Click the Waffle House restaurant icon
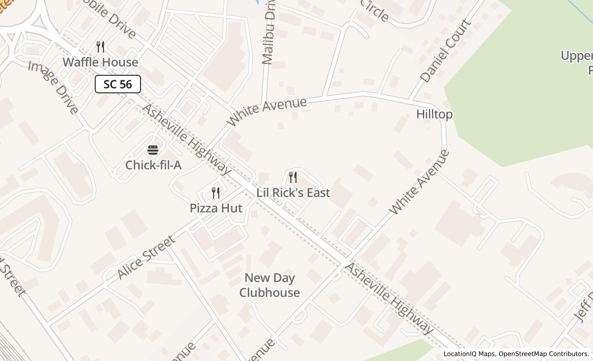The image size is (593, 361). pyautogui.click(x=101, y=47)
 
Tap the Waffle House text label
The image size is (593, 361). pyautogui.click(x=100, y=62)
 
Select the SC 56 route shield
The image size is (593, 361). pyautogui.click(x=118, y=84)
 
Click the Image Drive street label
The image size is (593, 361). pyautogui.click(x=54, y=87)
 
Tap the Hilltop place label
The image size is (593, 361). pyautogui.click(x=434, y=114)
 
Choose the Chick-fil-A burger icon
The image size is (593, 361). pyautogui.click(x=153, y=150)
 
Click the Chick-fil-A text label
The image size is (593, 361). pyautogui.click(x=153, y=165)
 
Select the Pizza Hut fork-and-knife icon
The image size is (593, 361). pyautogui.click(x=216, y=193)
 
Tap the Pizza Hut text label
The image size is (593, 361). pyautogui.click(x=216, y=208)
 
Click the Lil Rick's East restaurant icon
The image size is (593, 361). pyautogui.click(x=293, y=177)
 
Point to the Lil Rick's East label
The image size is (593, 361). pyautogui.click(x=293, y=192)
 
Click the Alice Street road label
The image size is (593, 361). pyautogui.click(x=147, y=257)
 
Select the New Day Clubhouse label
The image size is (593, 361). pyautogui.click(x=269, y=285)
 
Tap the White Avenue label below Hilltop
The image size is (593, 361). pyautogui.click(x=419, y=182)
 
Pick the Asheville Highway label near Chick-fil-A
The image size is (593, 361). pyautogui.click(x=186, y=139)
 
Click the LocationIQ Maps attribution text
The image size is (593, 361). pyautogui.click(x=469, y=354)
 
